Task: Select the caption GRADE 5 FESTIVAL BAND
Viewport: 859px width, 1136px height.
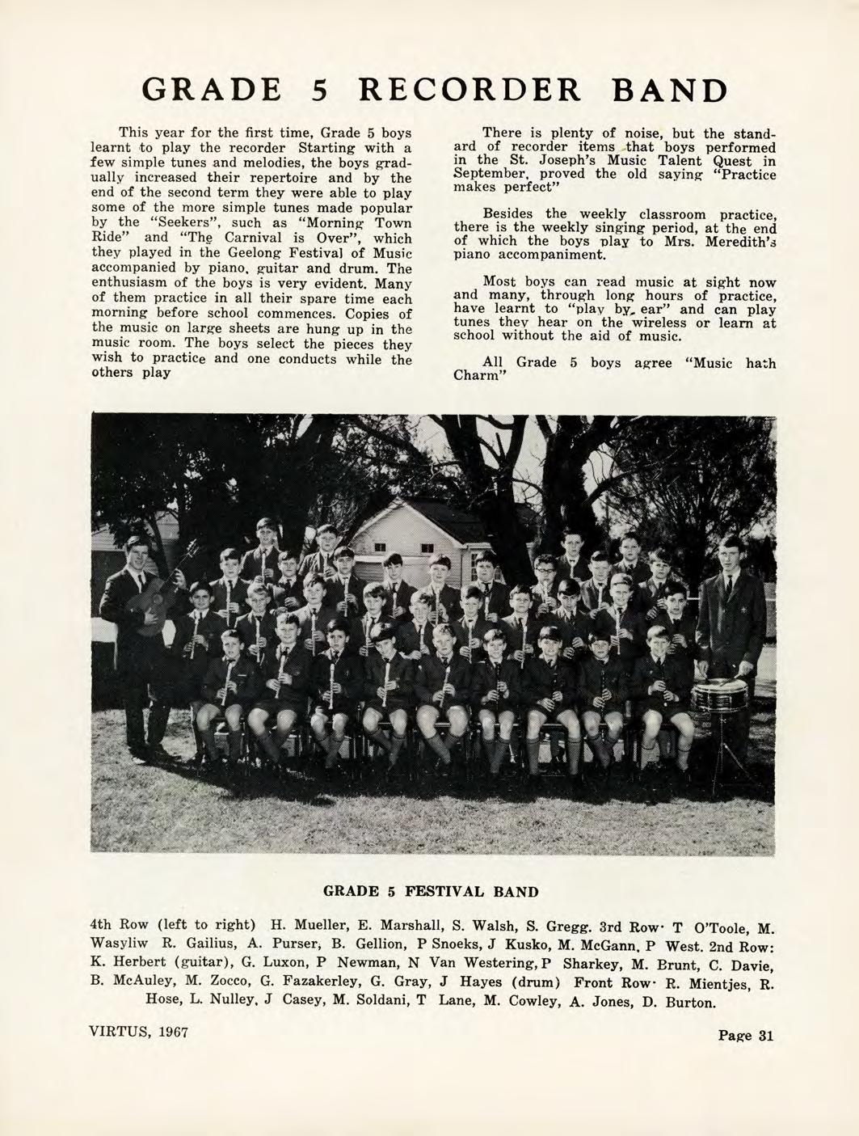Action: coord(430,892)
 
